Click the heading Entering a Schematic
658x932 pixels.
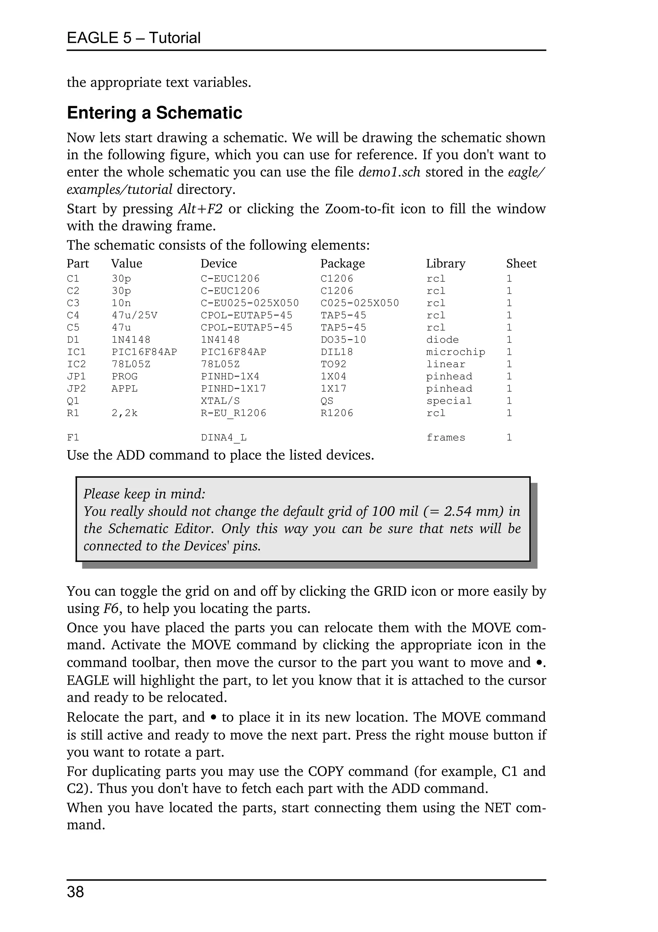pyautogui.click(x=154, y=113)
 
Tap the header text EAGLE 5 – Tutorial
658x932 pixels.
pyautogui.click(x=134, y=38)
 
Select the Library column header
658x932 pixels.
pyautogui.click(x=445, y=263)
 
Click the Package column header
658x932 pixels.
pyautogui.click(x=342, y=263)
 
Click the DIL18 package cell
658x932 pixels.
pyautogui.click(x=336, y=352)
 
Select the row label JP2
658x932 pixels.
pyautogui.click(x=76, y=388)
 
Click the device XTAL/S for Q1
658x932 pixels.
pyautogui.click(x=220, y=401)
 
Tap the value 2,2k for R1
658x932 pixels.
pyautogui.click(x=125, y=413)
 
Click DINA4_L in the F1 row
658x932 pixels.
pyautogui.click(x=224, y=438)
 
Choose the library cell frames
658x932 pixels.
pyautogui.click(x=445, y=438)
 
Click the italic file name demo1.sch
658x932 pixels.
pyautogui.click(x=389, y=172)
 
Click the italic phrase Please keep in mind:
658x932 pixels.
pyautogui.click(x=145, y=494)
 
